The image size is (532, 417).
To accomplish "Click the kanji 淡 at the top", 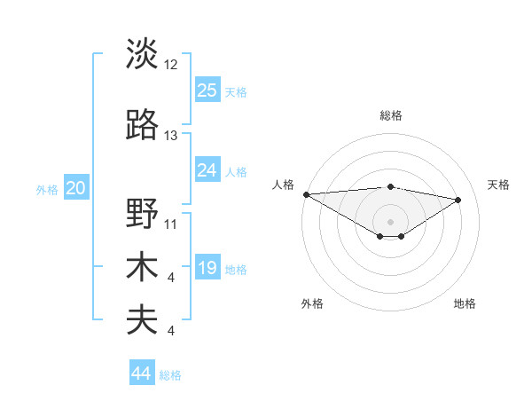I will pos(142,55).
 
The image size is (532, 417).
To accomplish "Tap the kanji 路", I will pos(142,126).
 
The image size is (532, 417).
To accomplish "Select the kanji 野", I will pos(142,214).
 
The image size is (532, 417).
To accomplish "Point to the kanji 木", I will pos(142,267).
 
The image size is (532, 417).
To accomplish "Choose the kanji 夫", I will pos(142,319).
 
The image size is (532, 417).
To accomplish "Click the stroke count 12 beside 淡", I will pos(171,65).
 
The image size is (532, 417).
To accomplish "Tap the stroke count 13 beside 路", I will pos(171,136).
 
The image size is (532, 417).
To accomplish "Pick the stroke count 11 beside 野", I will pos(171,224).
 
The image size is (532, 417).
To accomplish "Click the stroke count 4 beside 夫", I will pos(171,331).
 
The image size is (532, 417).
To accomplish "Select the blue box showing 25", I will pos(207,90).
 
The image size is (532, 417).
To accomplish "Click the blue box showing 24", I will pos(207,170).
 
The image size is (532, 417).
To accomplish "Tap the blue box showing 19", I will pos(207,268).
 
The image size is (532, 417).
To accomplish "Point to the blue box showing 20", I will pos(76,187).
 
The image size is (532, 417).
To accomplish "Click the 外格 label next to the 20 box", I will pos(46,189).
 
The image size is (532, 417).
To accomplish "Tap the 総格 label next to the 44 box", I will pos(170,375).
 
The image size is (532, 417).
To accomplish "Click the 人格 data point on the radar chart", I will pos(306,194).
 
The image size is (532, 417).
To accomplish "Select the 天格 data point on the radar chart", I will pos(458,199).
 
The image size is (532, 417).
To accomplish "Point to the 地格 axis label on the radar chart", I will pos(465,303).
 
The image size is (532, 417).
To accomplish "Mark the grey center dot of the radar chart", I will pos(390,220).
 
